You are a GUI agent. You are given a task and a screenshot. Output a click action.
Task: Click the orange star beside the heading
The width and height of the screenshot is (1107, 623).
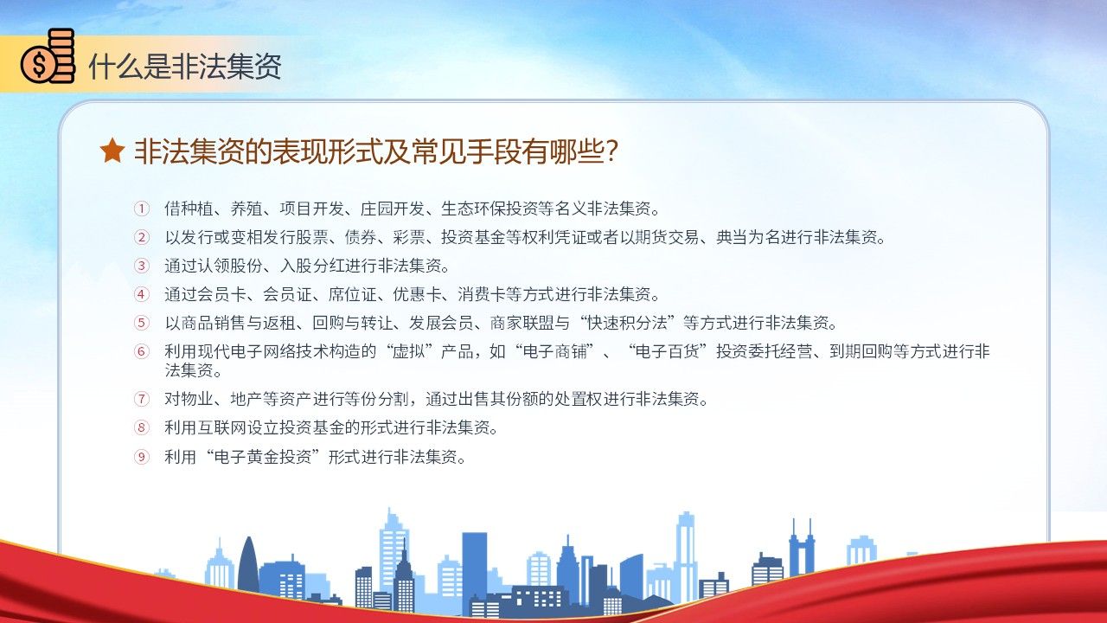tap(112, 151)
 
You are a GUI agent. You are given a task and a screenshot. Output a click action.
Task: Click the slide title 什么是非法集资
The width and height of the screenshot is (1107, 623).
tap(185, 67)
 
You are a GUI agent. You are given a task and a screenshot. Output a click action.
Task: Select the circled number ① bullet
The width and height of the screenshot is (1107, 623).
tap(141, 209)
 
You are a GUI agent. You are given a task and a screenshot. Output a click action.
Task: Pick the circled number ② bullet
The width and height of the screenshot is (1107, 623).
tap(141, 237)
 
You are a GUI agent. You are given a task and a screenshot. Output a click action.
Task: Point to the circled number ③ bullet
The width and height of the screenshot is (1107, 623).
tap(141, 266)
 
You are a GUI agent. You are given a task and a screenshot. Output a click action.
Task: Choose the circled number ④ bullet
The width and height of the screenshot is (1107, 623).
tap(141, 295)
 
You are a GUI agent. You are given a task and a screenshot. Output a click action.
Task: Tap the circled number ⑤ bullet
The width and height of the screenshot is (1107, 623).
tap(141, 324)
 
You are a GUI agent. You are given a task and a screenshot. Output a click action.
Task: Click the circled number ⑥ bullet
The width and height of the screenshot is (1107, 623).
tap(141, 351)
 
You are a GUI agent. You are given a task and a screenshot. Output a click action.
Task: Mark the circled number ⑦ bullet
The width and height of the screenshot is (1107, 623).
tap(141, 399)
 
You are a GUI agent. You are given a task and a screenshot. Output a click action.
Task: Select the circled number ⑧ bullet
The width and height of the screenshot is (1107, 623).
tap(141, 427)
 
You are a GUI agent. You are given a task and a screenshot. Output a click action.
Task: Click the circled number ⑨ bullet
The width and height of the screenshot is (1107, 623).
tap(141, 456)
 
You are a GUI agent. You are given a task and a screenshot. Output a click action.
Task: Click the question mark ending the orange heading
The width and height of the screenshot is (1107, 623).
tap(611, 151)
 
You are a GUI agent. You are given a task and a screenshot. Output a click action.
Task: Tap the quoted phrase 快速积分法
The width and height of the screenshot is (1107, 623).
tap(627, 324)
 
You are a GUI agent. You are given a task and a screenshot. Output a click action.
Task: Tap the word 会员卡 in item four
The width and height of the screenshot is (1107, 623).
tap(221, 295)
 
